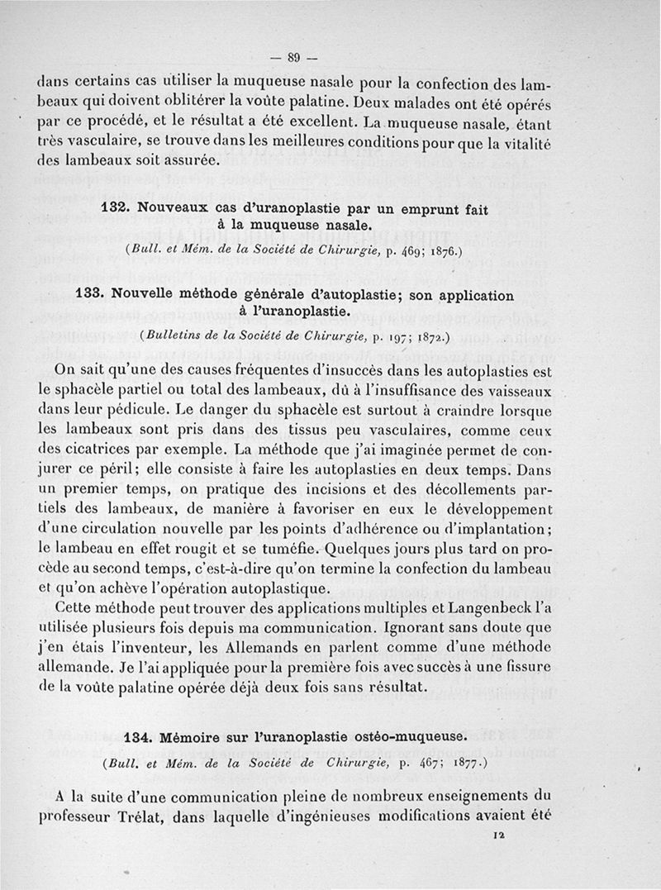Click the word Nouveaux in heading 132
[176, 211]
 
